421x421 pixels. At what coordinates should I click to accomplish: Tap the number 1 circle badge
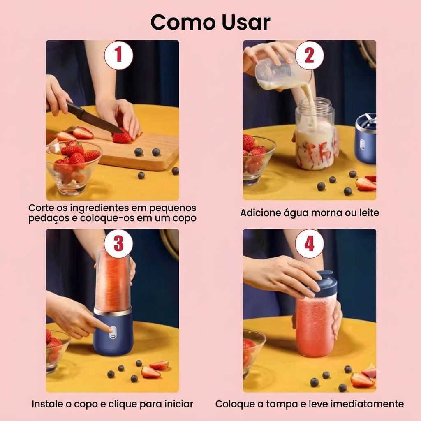[118, 55]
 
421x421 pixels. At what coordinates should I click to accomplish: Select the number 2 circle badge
[309, 55]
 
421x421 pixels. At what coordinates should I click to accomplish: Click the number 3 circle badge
[118, 244]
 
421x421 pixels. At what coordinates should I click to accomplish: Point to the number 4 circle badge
[309, 244]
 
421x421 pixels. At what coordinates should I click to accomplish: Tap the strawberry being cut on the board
[122, 136]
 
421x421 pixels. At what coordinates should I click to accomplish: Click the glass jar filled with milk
[315, 134]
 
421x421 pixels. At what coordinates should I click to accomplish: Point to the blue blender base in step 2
[365, 138]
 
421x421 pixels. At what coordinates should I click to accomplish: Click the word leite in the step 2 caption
[369, 213]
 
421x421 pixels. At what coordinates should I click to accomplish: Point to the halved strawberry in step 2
[365, 184]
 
